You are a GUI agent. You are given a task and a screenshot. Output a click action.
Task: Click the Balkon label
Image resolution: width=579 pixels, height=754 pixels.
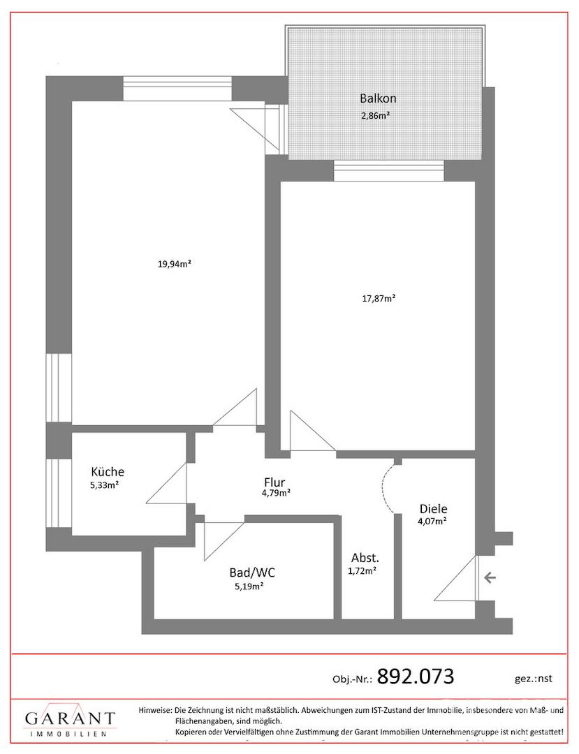point(378,98)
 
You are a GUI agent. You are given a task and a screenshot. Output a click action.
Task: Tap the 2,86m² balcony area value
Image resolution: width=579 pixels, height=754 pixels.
point(375,115)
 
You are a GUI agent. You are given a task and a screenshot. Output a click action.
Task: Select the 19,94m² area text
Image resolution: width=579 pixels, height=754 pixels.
point(175,263)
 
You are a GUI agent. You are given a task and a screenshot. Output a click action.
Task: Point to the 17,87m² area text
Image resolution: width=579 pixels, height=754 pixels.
point(379,298)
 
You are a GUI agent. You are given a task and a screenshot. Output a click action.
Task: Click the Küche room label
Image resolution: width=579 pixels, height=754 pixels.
point(108,472)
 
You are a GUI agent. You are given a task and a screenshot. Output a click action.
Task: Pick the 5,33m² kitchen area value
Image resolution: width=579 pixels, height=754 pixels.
point(105,485)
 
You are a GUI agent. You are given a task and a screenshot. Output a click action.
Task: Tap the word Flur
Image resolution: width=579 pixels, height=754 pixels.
point(274,482)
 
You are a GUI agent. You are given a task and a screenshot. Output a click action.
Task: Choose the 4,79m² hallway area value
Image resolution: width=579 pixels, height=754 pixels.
point(276,493)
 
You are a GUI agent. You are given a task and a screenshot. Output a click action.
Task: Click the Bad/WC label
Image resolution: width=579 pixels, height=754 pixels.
point(252,572)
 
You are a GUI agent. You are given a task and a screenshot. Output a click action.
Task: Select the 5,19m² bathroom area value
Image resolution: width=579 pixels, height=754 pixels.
point(249,586)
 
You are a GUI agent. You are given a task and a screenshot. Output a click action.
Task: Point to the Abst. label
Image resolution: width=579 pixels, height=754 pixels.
point(365,559)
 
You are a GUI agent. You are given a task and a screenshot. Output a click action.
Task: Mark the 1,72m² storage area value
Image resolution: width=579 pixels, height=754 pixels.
point(362,571)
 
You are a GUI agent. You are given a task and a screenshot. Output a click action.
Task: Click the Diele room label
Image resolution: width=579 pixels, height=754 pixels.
point(433,509)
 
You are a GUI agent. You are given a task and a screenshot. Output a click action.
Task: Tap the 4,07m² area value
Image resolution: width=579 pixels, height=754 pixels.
point(433,521)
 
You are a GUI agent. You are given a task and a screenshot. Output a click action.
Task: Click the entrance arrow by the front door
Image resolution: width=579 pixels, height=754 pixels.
point(490,577)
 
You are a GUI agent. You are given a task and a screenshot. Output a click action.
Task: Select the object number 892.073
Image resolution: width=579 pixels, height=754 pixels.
point(416,677)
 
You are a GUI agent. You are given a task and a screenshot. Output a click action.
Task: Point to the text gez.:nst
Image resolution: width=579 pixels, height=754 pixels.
point(534,679)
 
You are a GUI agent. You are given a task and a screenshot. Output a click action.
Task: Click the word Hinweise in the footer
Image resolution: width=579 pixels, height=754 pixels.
point(155,710)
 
